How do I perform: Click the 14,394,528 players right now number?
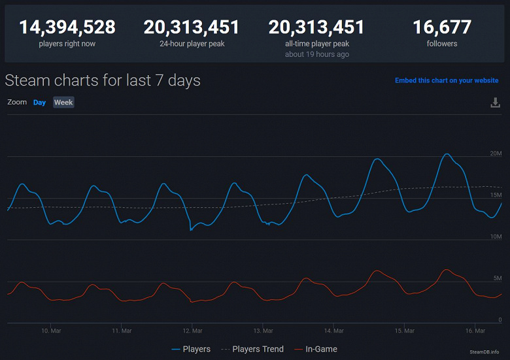point(67,27)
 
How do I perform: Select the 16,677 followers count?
point(442,27)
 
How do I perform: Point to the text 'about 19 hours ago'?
point(316,54)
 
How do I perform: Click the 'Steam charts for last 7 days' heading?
point(103,80)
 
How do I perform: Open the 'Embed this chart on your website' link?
point(447,80)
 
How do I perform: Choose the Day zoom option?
point(40,103)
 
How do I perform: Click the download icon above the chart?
point(495,103)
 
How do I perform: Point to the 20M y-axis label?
point(495,154)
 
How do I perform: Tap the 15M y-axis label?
point(495,195)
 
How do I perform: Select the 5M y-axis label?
point(497,278)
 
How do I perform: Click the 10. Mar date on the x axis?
point(51,331)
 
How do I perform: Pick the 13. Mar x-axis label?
point(263,331)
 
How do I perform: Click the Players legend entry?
point(191,349)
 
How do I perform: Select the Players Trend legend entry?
point(252,349)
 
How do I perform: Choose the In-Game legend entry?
point(316,349)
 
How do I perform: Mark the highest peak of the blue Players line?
point(447,154)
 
